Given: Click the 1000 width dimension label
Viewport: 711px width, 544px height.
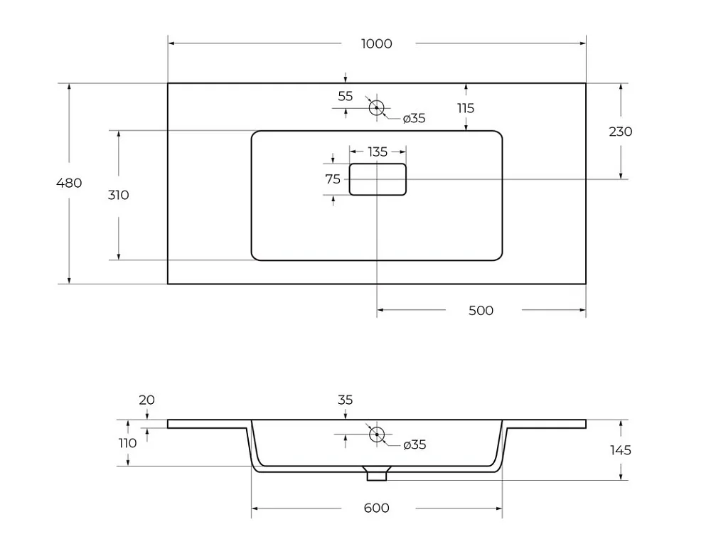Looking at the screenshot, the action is click(x=376, y=43).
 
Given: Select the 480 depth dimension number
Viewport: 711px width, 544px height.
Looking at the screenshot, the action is click(x=69, y=183).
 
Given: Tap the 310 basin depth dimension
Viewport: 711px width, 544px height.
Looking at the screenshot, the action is click(x=118, y=195).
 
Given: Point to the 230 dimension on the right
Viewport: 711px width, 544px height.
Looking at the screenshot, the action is click(x=620, y=132).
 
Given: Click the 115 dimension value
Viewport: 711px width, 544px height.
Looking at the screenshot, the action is click(x=466, y=108).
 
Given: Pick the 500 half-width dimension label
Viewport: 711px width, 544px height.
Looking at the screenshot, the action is click(x=481, y=311).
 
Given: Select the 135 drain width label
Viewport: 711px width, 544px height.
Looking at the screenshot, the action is click(x=378, y=152).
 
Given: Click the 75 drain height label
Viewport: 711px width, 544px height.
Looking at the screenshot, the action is click(x=332, y=179).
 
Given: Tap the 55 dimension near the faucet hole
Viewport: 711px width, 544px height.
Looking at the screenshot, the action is click(x=345, y=96).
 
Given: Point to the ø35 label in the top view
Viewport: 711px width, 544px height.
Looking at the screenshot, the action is click(x=414, y=118).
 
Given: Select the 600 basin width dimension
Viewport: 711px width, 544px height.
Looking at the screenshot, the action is click(x=376, y=508).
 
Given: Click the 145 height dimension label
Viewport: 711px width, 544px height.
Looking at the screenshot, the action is click(x=620, y=450).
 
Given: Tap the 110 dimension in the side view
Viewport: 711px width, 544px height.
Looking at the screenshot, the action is click(x=127, y=443).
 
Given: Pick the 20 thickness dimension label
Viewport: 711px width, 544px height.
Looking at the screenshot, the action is click(x=146, y=400).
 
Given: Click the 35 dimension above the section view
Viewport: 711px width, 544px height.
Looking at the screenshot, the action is click(x=345, y=400).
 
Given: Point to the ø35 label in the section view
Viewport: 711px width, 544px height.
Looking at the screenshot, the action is click(x=415, y=444).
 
